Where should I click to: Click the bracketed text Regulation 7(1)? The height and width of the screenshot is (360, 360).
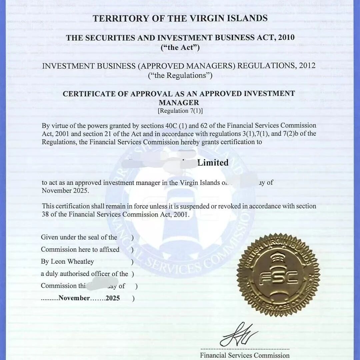pos(180,111)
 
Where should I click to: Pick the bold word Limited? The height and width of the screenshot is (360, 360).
pos(213,163)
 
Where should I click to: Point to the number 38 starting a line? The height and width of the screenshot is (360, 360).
pos(45,214)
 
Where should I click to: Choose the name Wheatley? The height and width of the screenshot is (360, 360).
pos(81,262)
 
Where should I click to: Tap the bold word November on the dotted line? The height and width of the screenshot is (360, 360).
pos(74,298)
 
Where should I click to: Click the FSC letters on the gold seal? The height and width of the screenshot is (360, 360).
pos(278,276)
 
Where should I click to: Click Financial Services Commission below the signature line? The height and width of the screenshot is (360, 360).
pos(245,355)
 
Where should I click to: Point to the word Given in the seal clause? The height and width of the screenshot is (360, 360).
pos(49,237)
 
